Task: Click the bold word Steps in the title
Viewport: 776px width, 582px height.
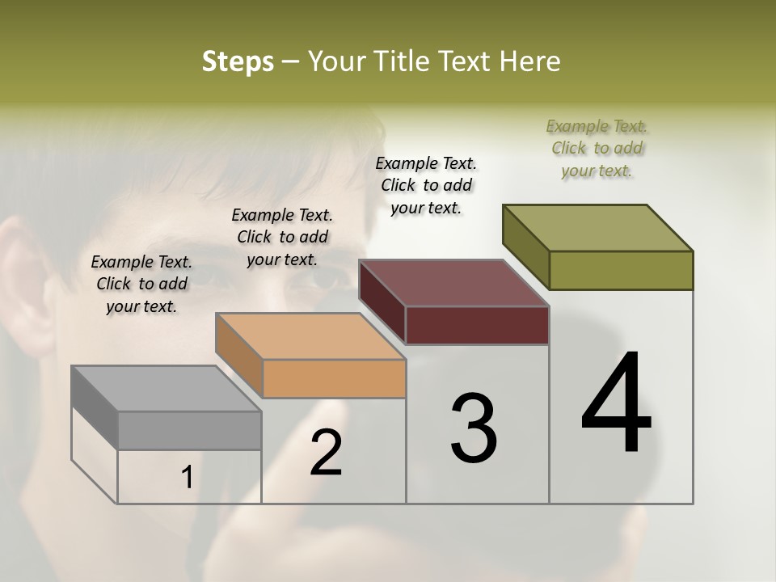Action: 238,61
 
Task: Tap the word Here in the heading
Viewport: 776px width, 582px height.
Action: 531,61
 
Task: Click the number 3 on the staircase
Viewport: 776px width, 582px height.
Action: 473,428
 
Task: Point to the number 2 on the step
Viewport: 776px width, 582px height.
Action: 326,453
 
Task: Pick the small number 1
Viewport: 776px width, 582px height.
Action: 187,478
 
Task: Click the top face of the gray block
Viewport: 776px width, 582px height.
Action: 166,389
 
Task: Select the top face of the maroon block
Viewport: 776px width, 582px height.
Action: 453,283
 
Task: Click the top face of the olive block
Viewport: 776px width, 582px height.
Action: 597,228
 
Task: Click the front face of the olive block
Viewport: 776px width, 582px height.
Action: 621,270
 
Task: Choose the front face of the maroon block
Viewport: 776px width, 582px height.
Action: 477,325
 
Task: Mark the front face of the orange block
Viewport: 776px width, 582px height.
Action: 334,378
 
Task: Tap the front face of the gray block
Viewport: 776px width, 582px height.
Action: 189,430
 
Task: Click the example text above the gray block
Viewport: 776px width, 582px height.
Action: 141,284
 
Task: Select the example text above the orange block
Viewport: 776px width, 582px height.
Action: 282,237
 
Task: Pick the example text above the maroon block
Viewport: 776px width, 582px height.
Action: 426,185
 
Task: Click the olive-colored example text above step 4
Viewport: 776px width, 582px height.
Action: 597,148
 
